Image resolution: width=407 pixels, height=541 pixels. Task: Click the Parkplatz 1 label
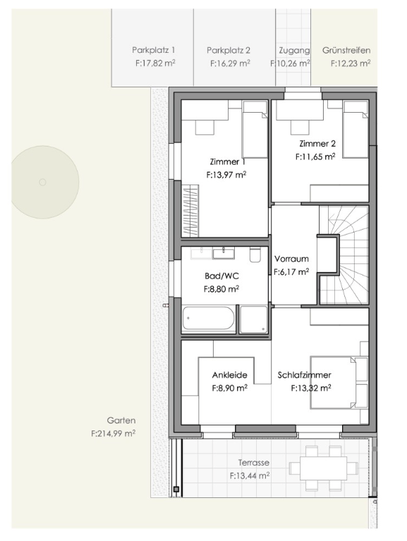(x=153, y=50)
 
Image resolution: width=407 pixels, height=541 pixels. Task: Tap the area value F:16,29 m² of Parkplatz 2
(x=230, y=63)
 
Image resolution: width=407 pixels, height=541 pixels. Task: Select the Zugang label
(x=294, y=51)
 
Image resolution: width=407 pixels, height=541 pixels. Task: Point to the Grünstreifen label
(x=346, y=50)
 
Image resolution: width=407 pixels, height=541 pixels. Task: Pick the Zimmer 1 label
(x=224, y=161)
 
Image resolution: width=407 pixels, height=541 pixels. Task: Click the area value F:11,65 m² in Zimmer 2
(x=315, y=156)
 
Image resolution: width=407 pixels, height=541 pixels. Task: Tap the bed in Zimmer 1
(x=255, y=130)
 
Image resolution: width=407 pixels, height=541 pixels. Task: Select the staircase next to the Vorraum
(x=344, y=255)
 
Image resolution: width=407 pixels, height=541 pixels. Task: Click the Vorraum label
(x=291, y=259)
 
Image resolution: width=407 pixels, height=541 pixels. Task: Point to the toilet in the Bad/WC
(x=255, y=254)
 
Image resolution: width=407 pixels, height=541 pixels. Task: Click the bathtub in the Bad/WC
(x=208, y=318)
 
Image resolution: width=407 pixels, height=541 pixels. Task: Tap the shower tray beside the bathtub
(x=254, y=320)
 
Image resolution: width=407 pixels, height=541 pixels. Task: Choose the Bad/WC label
(x=221, y=276)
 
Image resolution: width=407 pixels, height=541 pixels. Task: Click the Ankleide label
(x=230, y=375)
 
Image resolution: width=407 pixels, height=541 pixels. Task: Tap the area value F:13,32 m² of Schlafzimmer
(x=311, y=388)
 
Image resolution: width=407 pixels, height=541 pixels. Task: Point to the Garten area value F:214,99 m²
(x=114, y=433)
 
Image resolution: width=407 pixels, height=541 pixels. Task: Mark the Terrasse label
(x=254, y=463)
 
